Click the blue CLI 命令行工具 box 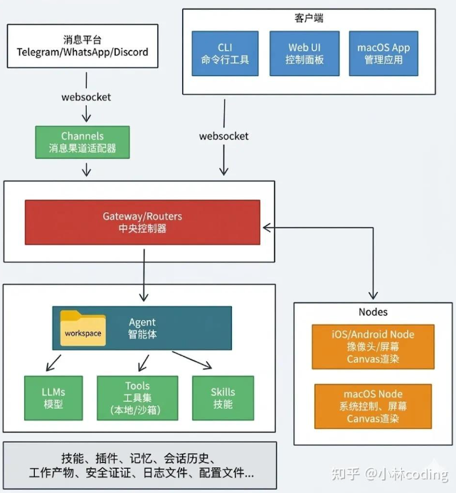[x=225, y=53]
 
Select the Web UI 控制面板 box [x=304, y=53]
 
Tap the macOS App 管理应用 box [x=383, y=53]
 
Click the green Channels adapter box [x=83, y=142]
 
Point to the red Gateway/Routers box [x=142, y=222]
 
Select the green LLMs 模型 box [x=53, y=398]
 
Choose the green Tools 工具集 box [x=137, y=398]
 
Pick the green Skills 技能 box [x=222, y=398]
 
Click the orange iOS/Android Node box [x=373, y=346]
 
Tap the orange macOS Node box [x=373, y=406]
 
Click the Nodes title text [x=373, y=312]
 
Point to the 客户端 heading [x=308, y=18]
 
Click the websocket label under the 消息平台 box [x=86, y=96]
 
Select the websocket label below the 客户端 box [x=224, y=135]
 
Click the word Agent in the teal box [x=142, y=322]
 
